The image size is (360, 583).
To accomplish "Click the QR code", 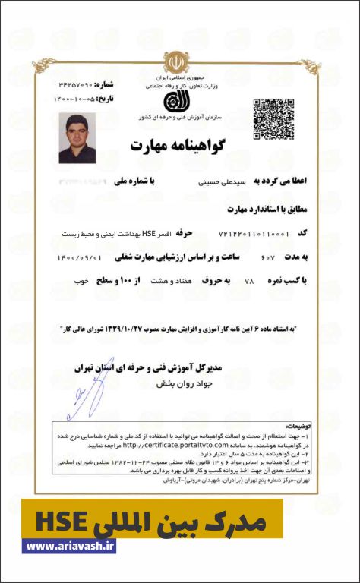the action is coord(267,112).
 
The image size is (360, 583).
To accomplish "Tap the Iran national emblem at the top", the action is coord(177,63).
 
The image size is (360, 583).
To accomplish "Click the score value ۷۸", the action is coord(248,281).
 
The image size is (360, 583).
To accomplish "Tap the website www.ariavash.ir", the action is coord(70,546).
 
